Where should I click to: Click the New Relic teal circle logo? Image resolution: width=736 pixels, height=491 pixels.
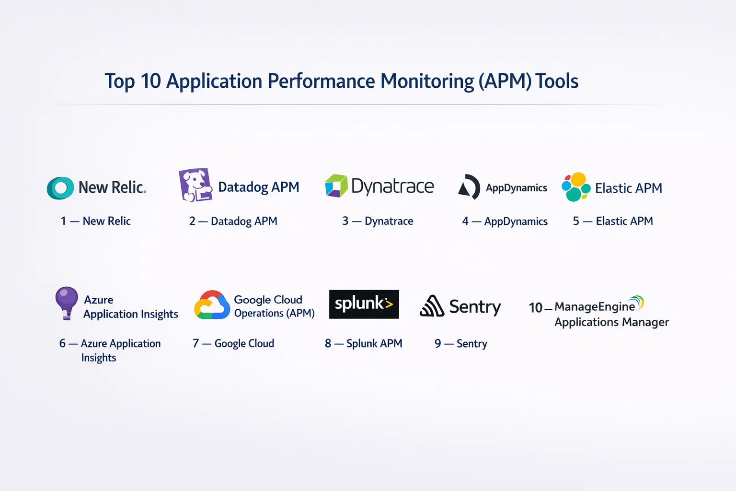point(60,188)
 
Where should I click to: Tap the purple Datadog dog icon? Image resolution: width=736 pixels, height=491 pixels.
point(195,185)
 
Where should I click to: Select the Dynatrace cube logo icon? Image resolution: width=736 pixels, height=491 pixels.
point(336,186)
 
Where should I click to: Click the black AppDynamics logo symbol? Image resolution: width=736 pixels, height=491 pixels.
point(469,187)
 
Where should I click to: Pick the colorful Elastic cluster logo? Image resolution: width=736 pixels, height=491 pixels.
point(576,187)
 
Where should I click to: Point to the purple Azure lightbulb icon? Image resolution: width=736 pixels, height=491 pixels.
point(67,303)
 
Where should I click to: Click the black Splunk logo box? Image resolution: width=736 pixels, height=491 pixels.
point(364,304)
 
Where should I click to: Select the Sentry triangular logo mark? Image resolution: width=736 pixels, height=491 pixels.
point(432,306)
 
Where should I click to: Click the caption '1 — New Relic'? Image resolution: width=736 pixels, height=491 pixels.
point(95,221)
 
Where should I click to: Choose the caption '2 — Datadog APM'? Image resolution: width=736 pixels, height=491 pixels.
point(233,221)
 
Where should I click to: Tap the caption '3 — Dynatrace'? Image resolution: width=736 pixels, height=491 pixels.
point(378,221)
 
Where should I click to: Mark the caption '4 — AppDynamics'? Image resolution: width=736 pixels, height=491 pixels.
point(505,221)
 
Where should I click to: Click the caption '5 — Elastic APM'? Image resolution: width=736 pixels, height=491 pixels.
point(613,221)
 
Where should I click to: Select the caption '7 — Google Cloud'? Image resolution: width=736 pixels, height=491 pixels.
point(233,343)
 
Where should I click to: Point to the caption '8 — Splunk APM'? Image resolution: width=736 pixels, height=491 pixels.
point(363,343)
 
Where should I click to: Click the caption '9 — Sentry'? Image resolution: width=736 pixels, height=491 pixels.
point(460,343)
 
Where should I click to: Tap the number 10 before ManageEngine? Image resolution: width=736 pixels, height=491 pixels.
point(535,307)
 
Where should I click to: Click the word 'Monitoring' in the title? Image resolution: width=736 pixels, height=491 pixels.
point(427,81)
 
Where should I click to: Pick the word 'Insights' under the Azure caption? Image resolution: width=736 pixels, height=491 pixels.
point(99,358)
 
